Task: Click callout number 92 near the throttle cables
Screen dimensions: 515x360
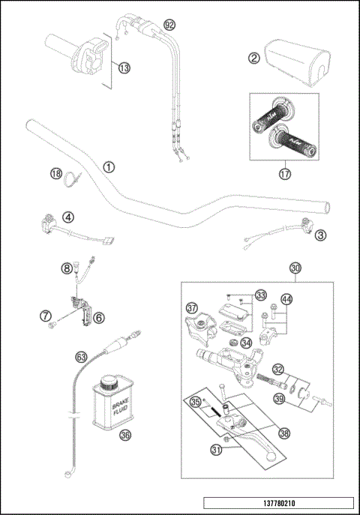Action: tap(169, 25)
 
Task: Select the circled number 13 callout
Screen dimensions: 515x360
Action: tap(124, 67)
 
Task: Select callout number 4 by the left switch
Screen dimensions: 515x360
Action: tap(67, 218)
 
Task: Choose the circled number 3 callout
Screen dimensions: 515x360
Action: tap(321, 235)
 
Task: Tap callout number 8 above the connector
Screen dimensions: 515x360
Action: tap(67, 267)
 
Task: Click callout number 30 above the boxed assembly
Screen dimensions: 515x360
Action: tap(295, 268)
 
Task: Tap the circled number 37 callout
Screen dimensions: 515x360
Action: tap(192, 307)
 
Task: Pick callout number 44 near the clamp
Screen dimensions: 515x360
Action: tap(287, 299)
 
